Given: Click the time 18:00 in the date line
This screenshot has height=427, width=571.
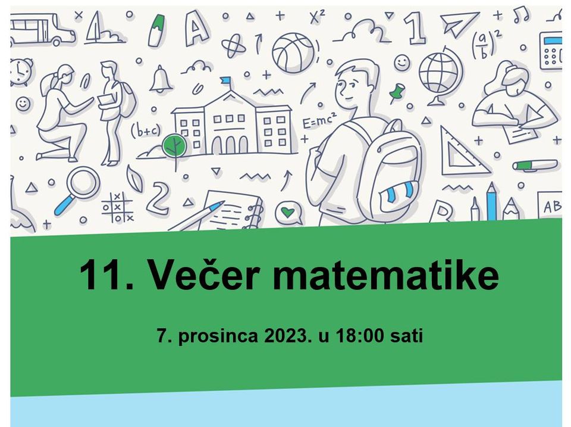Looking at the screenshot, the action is coord(360,335).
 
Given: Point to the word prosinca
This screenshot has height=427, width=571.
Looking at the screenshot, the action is coord(218,336).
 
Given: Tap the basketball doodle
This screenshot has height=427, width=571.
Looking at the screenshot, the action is coord(293,53).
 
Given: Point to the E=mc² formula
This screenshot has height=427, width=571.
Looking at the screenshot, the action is coord(319,120).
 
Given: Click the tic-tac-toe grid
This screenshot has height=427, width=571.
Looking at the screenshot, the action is coord(118,207).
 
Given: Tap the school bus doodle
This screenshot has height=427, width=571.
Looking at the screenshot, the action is coord(42,30).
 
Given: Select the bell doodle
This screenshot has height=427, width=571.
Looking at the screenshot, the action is coord(161,79).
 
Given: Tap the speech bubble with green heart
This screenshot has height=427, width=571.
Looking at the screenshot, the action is coord(288,213).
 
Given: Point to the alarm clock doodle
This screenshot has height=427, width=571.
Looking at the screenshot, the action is coord(20,71).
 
